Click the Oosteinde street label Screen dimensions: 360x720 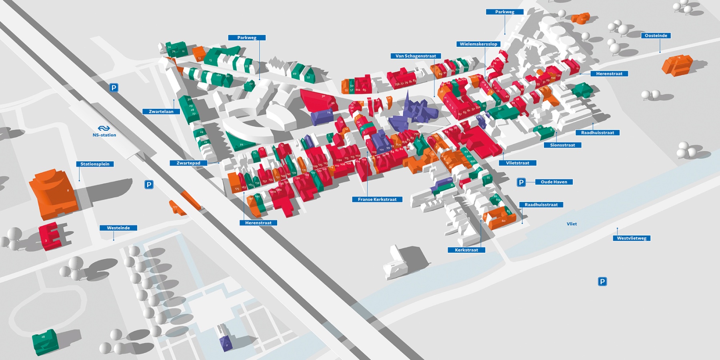tap(656, 36)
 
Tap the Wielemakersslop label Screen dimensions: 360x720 tap(478, 44)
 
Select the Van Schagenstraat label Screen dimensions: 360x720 tap(416, 56)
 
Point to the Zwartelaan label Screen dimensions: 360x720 tap(161, 112)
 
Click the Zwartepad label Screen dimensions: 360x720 tap(188, 163)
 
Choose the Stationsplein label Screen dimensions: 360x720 tap(95, 164)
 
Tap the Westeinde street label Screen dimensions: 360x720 tap(118, 228)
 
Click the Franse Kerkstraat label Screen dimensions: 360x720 tap(377, 199)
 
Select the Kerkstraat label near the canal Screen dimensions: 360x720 tap(466, 250)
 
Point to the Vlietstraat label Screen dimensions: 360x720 tap(518, 163)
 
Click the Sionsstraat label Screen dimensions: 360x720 tap(562, 145)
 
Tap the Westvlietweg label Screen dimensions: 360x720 tap(632, 238)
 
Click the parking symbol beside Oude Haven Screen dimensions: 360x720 tap(521, 182)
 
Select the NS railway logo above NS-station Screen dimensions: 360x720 tap(104, 128)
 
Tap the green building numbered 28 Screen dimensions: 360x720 tap(45, 342)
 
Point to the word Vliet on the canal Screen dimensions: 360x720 tap(572, 224)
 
